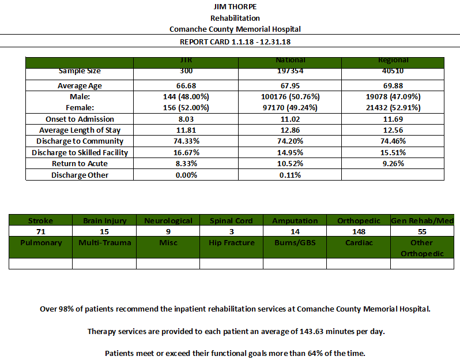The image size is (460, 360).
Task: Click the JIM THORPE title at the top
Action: coord(235,6)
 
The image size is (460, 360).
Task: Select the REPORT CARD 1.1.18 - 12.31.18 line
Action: coord(235,42)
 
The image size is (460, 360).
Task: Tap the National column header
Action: coord(290,60)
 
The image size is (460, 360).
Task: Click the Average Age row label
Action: coord(80,86)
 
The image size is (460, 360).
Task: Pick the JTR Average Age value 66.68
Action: coord(186,86)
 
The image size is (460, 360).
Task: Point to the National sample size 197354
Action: coord(290,71)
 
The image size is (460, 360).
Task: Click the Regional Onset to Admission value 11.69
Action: coord(393,119)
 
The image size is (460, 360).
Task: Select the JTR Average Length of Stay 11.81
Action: coord(186,130)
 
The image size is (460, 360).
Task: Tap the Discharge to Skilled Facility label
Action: coord(80,153)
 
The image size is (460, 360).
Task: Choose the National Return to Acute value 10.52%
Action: coord(290,163)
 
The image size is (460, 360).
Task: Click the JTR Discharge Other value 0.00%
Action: coord(186,175)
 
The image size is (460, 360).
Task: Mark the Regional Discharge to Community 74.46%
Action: coord(393,141)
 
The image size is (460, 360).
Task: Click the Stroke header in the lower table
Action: coord(40,220)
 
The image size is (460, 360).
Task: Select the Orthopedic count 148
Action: coord(359,232)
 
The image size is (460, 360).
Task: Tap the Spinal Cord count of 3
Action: coord(232,232)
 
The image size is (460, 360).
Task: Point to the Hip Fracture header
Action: coord(232,243)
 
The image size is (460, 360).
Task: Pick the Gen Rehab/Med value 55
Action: coord(422,232)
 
